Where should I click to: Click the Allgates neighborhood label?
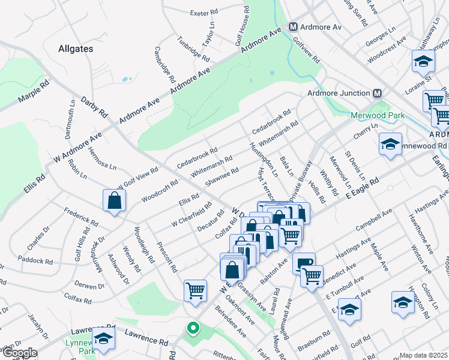pyautogui.click(x=76, y=48)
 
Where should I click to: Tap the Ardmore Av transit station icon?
pyautogui.click(x=294, y=28)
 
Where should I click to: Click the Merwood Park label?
pyautogui.click(x=377, y=116)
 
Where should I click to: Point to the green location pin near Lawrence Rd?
pyautogui.click(x=193, y=328)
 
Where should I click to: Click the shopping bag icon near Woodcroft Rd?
pyautogui.click(x=114, y=202)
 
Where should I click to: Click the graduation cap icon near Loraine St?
pyautogui.click(x=423, y=61)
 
